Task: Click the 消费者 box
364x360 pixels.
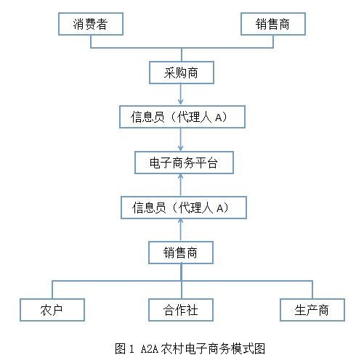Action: coord(90,24)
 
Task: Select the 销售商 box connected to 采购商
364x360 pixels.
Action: coord(273,24)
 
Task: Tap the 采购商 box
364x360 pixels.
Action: coord(181,73)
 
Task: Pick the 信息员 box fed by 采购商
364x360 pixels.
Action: coord(181,117)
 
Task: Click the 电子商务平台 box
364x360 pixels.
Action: coord(184,163)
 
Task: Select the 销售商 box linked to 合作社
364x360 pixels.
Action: coord(181,253)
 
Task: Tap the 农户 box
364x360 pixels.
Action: coord(52,310)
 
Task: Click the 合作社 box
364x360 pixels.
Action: coord(181,310)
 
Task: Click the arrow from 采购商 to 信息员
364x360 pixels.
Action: coord(181,94)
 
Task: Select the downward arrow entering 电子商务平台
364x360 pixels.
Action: coord(181,139)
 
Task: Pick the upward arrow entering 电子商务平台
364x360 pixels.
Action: coord(181,185)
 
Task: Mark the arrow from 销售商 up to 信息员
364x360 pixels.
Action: coord(181,230)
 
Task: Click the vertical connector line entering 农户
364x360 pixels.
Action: coord(52,288)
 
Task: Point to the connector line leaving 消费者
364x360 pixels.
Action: coord(90,41)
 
